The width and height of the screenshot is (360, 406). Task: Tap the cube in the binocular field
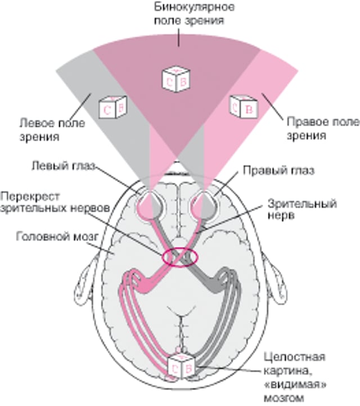[x=175, y=78]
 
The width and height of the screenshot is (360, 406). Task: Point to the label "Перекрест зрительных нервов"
[x=53, y=202]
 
